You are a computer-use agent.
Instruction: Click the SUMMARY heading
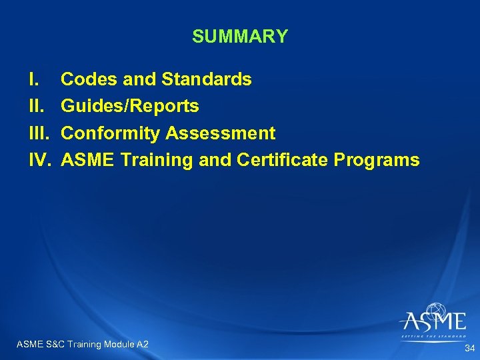(240, 37)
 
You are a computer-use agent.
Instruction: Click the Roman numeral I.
(33, 80)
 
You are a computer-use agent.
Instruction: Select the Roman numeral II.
(35, 107)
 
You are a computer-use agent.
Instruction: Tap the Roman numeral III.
(39, 133)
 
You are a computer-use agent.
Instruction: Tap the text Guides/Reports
(129, 107)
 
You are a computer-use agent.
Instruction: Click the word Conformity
(111, 133)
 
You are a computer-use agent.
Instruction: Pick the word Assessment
(220, 133)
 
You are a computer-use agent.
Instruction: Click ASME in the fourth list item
(84, 160)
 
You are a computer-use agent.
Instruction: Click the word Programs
(377, 160)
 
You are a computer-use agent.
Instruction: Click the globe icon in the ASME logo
(437, 311)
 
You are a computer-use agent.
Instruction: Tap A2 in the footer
(142, 344)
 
